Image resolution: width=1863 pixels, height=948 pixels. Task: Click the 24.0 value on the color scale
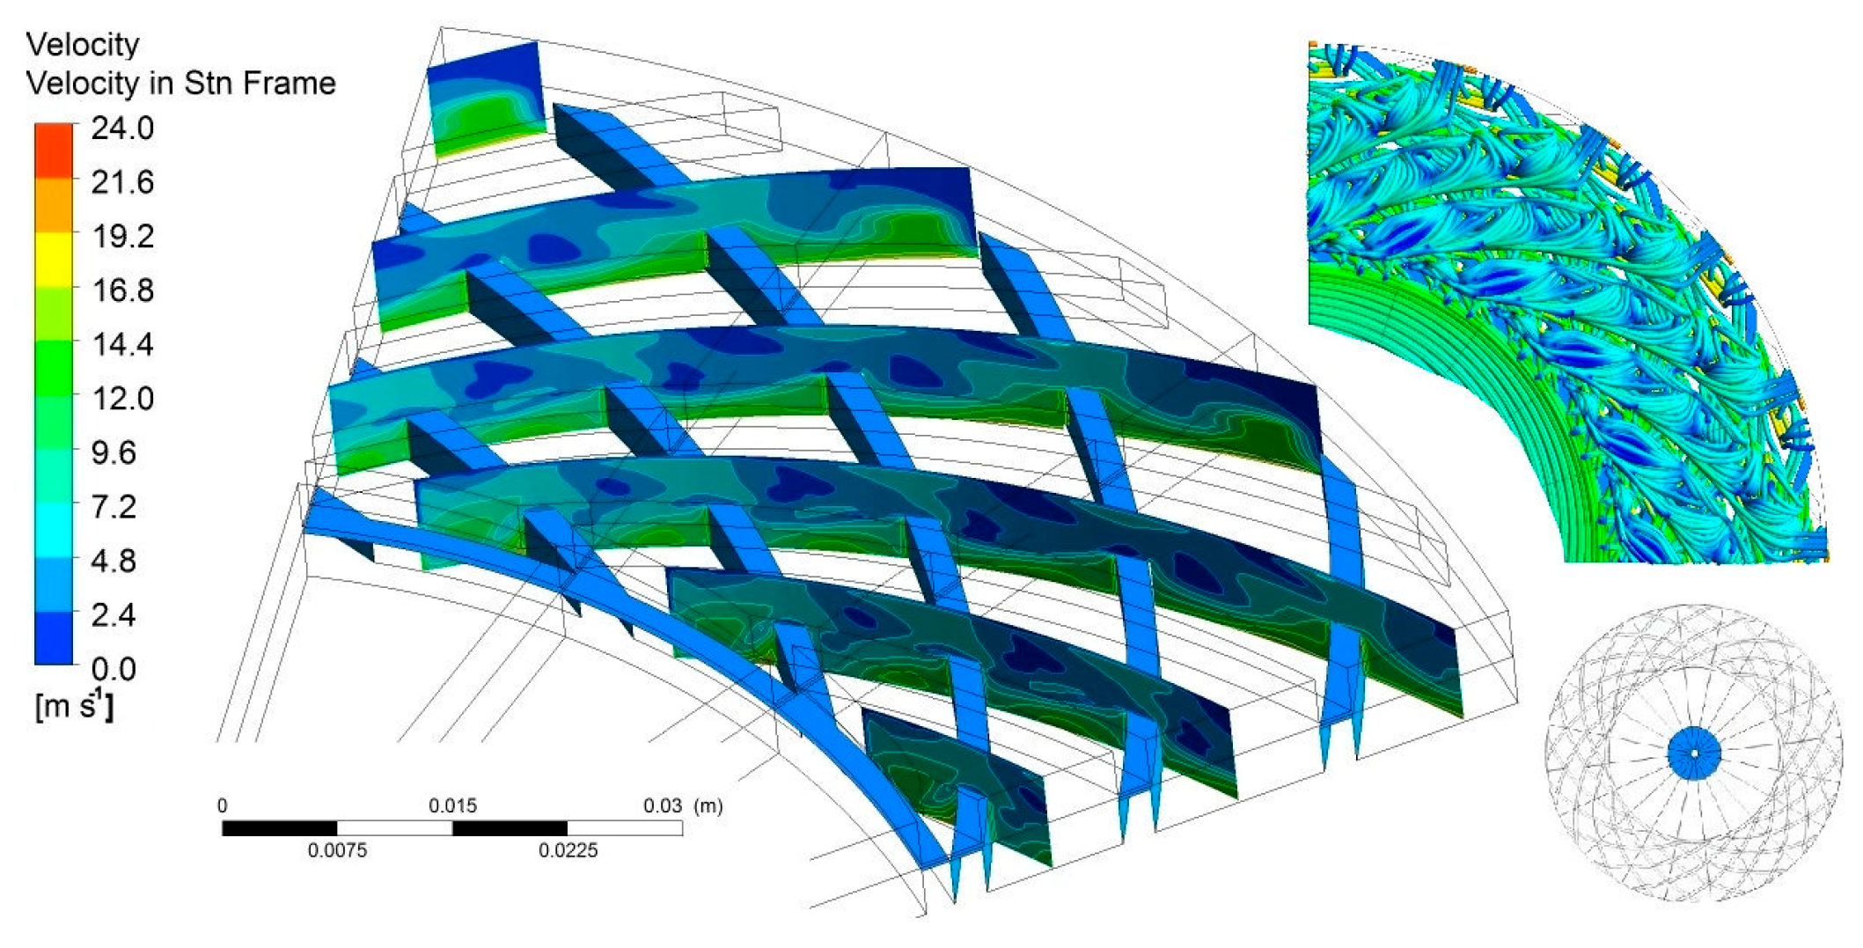click(122, 129)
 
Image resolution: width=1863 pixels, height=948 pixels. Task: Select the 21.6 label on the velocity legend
click(122, 182)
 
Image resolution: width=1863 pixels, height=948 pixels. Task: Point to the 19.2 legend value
click(122, 236)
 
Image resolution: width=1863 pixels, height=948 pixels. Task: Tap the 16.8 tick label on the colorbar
click(122, 290)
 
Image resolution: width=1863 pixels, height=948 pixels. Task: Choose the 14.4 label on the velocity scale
click(122, 344)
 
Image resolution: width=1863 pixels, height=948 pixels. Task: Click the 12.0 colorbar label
click(122, 398)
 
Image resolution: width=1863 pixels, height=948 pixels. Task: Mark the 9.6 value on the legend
click(114, 452)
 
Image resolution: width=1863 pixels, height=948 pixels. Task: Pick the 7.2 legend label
click(114, 506)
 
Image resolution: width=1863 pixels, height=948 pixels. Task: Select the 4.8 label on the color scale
click(114, 561)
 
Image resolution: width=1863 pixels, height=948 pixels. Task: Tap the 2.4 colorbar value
click(114, 614)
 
